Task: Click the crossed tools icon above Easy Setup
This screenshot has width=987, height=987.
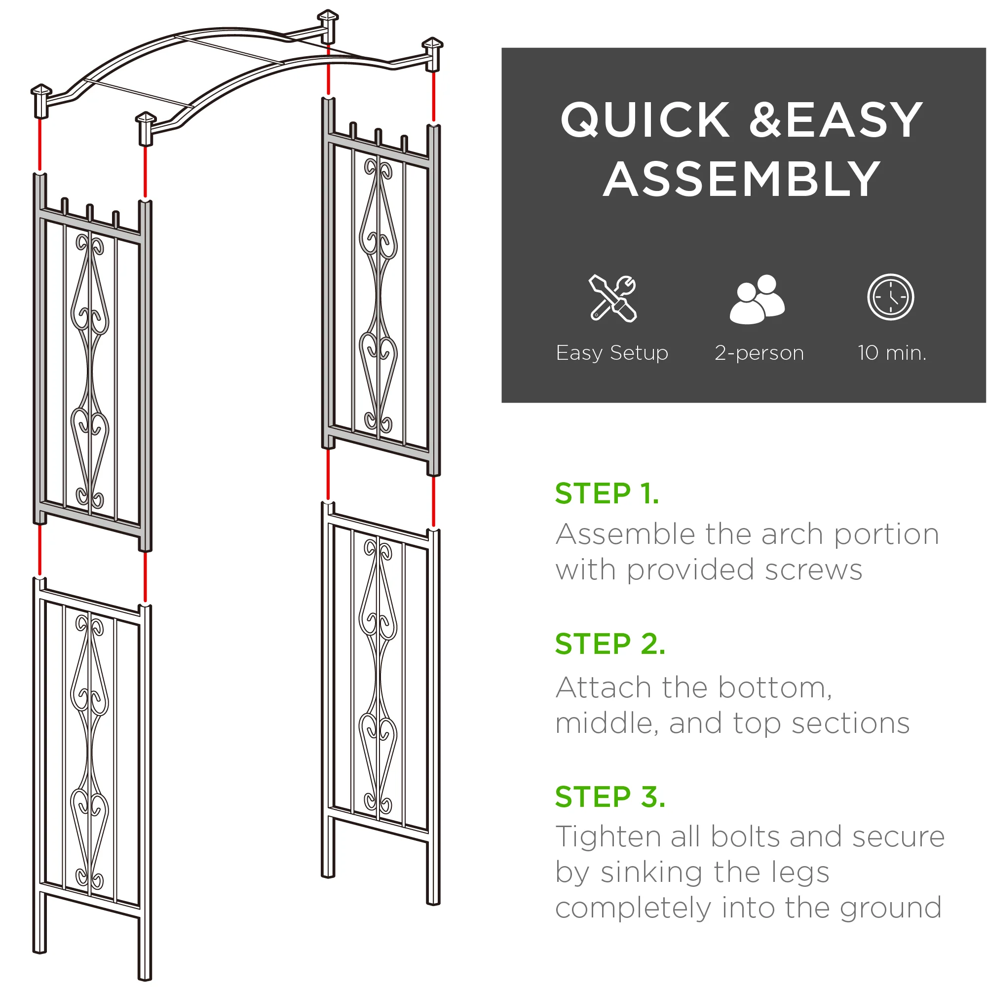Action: [x=612, y=299]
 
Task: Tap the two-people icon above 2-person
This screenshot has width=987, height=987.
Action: [x=758, y=299]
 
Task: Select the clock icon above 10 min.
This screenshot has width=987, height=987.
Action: [x=890, y=297]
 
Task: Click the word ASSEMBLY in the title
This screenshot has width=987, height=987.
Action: [x=742, y=179]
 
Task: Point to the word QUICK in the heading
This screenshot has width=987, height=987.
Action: [x=645, y=120]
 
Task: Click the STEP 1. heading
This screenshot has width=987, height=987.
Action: [x=607, y=493]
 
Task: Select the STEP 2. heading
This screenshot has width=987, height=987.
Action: [x=610, y=644]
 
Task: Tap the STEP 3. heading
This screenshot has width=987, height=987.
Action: [x=610, y=797]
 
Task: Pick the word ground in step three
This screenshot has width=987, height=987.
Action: [x=891, y=908]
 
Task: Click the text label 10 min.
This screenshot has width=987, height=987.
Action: [x=892, y=353]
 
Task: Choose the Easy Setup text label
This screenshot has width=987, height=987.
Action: [x=612, y=353]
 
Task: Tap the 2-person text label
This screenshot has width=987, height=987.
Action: [x=759, y=353]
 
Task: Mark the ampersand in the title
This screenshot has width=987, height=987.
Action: [x=765, y=120]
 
